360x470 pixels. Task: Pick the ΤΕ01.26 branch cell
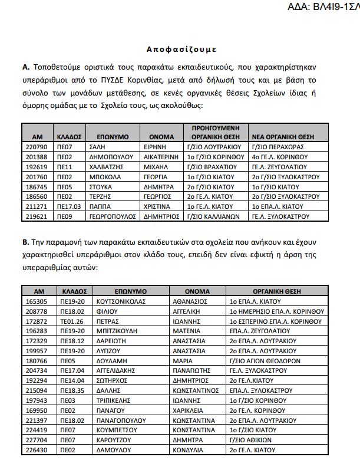coord(72,321)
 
